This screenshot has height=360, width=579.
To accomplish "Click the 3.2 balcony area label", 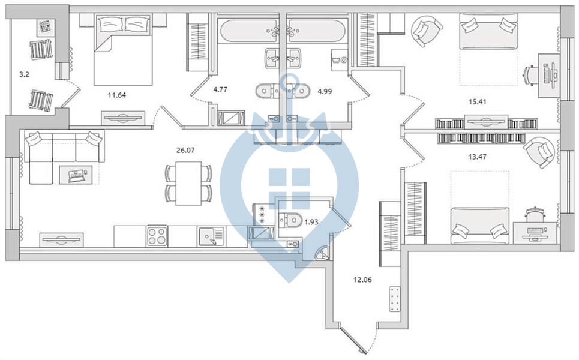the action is point(25,74).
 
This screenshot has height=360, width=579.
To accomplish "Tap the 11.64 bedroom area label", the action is point(116,95).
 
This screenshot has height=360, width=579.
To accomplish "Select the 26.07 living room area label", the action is point(185,150).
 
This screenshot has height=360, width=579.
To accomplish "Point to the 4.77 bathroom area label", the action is point(220,89).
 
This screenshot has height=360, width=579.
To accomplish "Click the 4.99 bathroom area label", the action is point(325,92).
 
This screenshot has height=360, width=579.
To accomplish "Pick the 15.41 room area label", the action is point(477,101).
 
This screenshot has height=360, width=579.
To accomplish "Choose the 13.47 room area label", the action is point(477,157).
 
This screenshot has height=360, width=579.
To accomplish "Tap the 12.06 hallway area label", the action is point(362,280).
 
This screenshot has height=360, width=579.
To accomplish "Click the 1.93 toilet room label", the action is point(311,222).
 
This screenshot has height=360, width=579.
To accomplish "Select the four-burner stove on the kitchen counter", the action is point(157,236).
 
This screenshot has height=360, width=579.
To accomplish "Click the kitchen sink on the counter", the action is point(211,236).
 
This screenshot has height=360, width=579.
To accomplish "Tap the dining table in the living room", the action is point(188,183).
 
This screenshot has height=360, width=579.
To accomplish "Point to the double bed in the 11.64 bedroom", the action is point(123,50).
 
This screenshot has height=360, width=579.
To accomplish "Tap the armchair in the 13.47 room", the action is point(539,152).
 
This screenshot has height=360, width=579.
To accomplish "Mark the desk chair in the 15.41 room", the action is point(530,77).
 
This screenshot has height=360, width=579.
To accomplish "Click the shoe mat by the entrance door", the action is point(395,299).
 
